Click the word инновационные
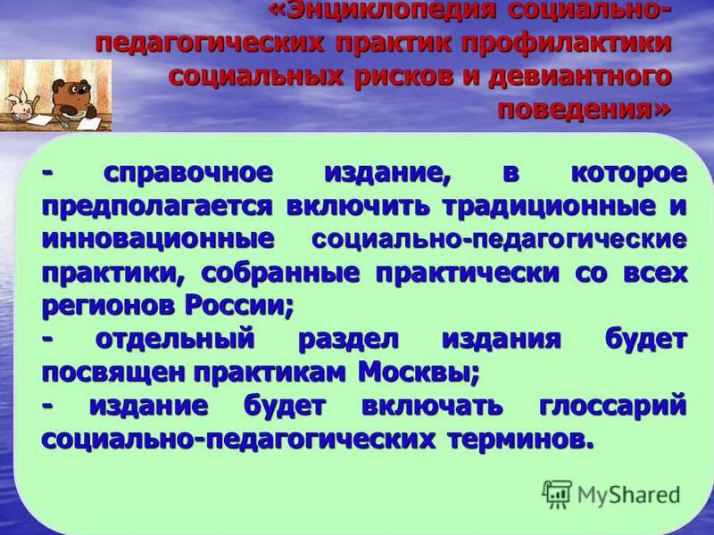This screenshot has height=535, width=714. pyautogui.click(x=156, y=239)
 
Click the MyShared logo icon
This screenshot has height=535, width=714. pyautogui.click(x=557, y=492)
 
